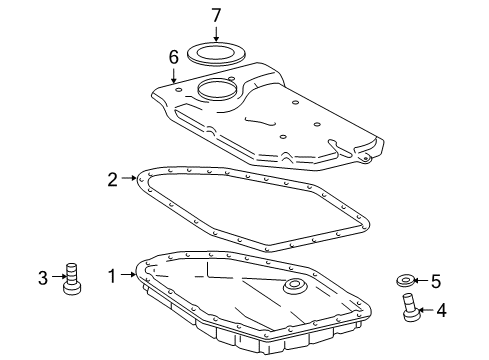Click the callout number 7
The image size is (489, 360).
click(x=215, y=16)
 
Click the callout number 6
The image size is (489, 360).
click(x=174, y=59)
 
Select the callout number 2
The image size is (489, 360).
click(x=113, y=180)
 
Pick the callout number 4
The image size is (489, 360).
click(x=441, y=310)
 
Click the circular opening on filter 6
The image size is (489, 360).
click(x=218, y=92)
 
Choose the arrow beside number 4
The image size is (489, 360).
click(x=427, y=310)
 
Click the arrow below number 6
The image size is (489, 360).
click(x=174, y=75)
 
